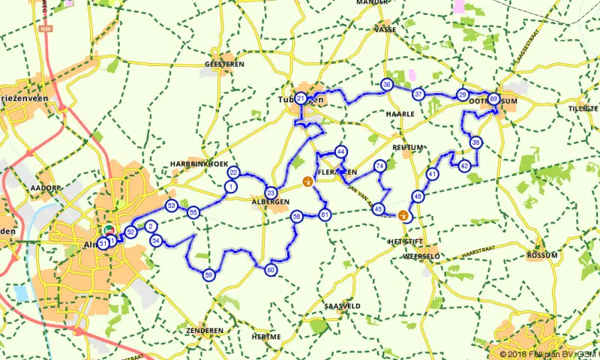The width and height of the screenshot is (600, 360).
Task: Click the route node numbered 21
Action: (x=301, y=98)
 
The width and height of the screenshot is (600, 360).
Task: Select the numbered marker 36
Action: (x=386, y=85)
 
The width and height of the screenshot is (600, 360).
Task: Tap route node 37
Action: (x=418, y=94)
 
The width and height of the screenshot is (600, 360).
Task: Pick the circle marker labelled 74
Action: (x=380, y=166)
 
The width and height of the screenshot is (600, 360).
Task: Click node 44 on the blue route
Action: (x=341, y=151)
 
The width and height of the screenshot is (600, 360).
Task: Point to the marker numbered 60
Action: (x=271, y=270)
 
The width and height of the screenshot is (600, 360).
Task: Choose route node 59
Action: (x=209, y=275)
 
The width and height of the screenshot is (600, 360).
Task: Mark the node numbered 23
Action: (x=270, y=192)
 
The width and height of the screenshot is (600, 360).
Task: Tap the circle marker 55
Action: (x=193, y=212)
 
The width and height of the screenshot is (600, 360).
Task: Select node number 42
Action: (x=465, y=166)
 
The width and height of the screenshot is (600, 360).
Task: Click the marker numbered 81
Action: (x=325, y=216)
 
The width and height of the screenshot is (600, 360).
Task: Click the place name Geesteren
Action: (x=224, y=65)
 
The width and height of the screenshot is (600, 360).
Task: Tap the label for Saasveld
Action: (x=343, y=306)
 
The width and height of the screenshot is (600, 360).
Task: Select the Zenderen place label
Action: (x=201, y=330)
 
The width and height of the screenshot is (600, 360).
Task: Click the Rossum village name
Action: (x=543, y=255)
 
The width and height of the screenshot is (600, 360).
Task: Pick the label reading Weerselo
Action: (x=421, y=256)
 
